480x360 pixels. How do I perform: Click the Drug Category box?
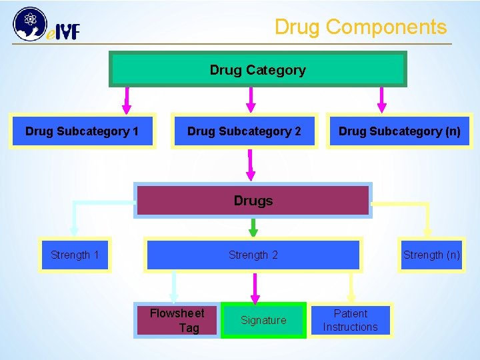tap(257, 69)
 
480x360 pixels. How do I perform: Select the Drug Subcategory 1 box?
tap(82, 131)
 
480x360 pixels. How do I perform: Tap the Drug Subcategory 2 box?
tap(244, 131)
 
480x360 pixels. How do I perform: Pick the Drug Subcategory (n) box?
tap(399, 131)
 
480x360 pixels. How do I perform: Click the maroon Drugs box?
tap(253, 200)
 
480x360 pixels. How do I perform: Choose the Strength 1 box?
tap(75, 255)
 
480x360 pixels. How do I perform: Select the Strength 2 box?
tap(253, 255)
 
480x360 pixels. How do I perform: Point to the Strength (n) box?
tap(431, 255)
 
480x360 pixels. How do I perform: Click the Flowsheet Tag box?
tap(177, 320)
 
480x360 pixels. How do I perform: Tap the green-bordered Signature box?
tap(263, 320)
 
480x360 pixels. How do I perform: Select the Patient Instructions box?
tap(350, 320)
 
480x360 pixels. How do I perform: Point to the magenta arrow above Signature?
tap(253, 288)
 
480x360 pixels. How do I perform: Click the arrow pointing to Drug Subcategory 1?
tap(127, 100)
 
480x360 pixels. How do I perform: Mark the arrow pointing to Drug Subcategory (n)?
tap(382, 100)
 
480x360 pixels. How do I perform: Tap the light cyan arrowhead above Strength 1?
tap(74, 231)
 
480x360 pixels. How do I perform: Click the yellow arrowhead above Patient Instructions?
tap(351, 296)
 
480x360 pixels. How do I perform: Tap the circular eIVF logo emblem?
tap(28, 24)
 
